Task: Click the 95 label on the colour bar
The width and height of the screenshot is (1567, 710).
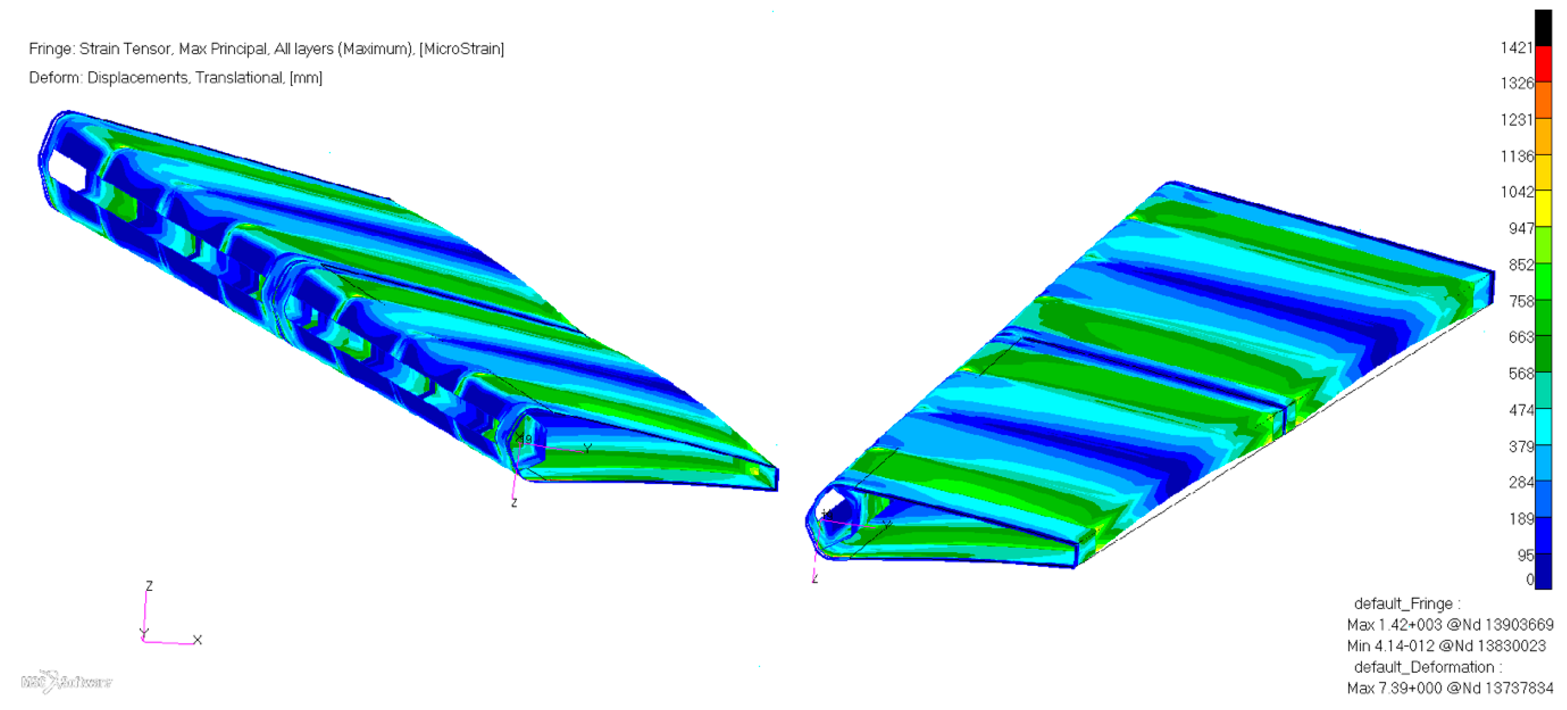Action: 1525,555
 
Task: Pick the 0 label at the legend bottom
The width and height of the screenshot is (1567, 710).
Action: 1529,580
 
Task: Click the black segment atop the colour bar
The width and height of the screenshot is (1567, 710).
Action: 1543,27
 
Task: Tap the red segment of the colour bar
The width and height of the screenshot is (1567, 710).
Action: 1543,63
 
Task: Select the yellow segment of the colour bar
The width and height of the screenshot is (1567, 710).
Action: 1543,209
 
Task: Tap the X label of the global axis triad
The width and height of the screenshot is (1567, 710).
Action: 197,640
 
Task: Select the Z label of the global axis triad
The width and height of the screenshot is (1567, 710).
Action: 149,585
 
